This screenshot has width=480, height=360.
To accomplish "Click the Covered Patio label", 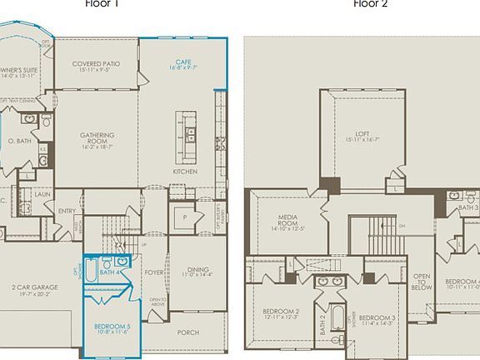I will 97,64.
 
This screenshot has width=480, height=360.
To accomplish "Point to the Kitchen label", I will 185,172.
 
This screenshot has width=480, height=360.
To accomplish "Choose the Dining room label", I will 198,270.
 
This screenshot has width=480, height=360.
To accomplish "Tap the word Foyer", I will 155,271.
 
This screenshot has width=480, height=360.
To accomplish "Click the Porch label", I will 188,332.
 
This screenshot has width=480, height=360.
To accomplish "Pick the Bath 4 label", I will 106,272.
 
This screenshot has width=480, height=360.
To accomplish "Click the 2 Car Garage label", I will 35,288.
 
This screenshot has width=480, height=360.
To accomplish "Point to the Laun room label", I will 42,194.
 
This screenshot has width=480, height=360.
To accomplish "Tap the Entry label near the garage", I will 67,211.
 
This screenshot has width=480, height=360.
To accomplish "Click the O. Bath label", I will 20,141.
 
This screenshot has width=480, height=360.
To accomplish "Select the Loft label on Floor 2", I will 362,132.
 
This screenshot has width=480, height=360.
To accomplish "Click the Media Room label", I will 288,220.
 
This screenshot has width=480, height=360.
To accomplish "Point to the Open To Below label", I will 422,282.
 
